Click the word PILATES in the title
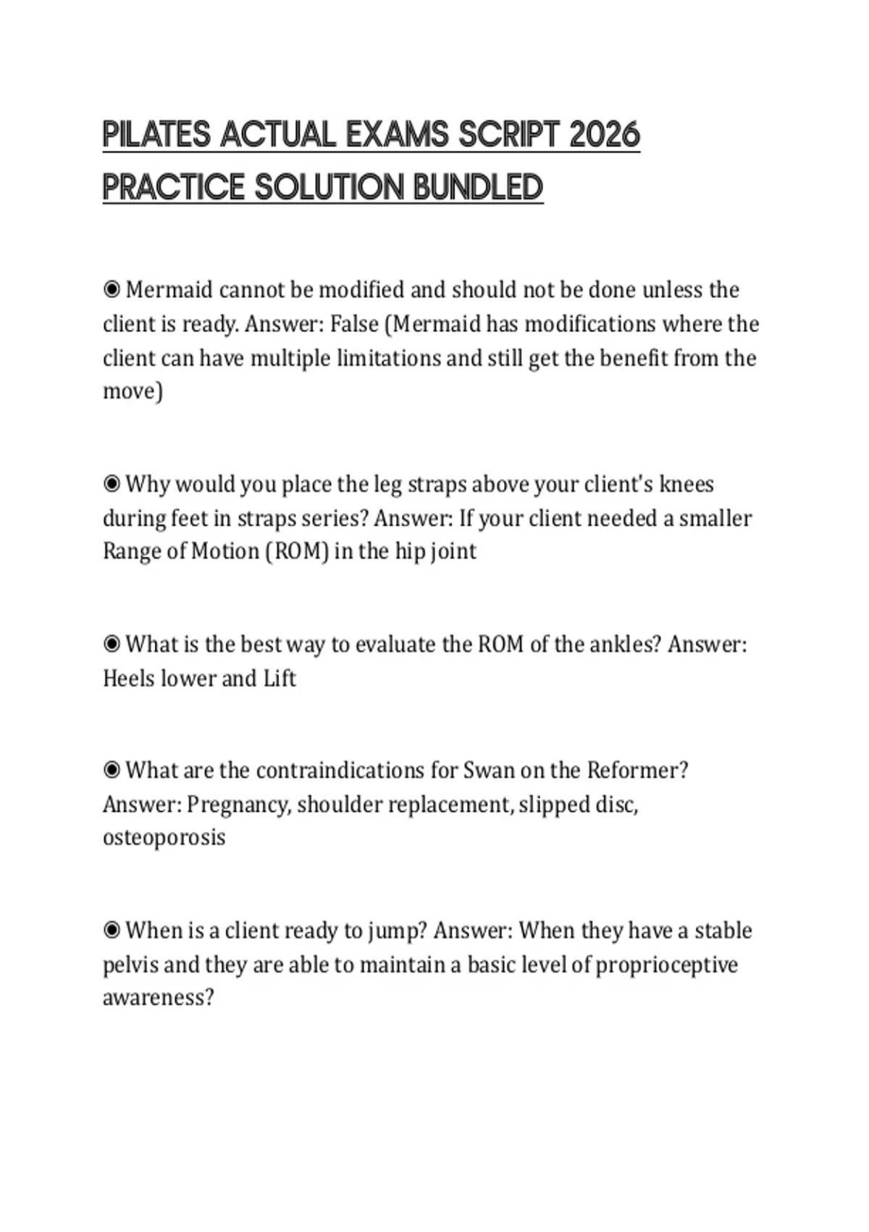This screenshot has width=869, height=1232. (x=156, y=135)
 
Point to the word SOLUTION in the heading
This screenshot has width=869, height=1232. (x=330, y=187)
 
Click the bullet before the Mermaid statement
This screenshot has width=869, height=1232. (x=112, y=290)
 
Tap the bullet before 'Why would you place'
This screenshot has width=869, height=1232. (x=112, y=484)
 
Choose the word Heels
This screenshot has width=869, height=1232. (x=129, y=678)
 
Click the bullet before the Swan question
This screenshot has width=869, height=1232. (x=112, y=770)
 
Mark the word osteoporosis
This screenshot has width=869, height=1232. (x=164, y=838)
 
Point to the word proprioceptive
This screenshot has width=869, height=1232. (x=666, y=965)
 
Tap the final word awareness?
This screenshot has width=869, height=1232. (x=159, y=998)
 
